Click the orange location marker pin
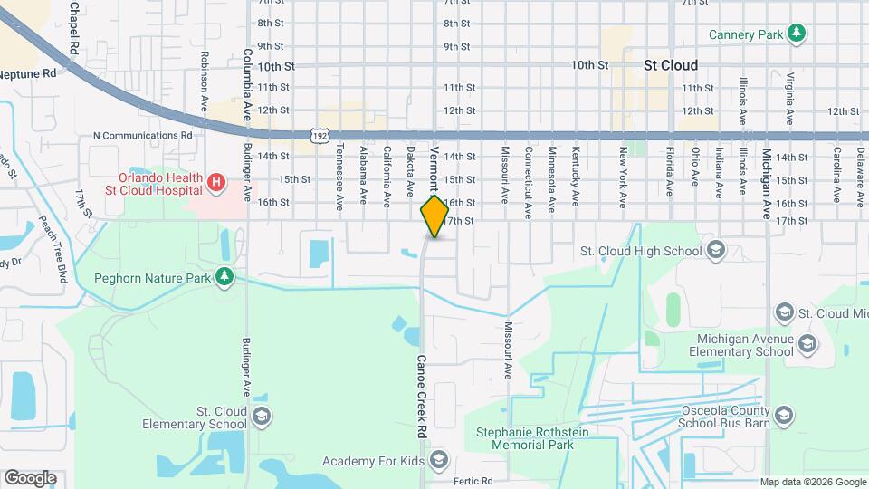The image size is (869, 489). pos(434,216)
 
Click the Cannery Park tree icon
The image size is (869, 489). pos(796,34)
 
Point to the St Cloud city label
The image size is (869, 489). pos(670,65)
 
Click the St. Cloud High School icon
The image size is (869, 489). pos(715,251)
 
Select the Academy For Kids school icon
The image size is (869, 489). pos(438,461)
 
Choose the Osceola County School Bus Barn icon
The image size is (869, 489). pos(784,417)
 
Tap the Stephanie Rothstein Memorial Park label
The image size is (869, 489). pos(525,438)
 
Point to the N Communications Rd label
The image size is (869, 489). pos(143,135)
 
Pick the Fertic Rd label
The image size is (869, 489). pos(473,481)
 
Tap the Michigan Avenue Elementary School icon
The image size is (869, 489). pos(807,344)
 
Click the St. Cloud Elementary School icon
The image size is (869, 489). pos(262,417)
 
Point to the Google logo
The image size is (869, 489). pos(30,478)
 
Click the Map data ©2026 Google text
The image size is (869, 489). pos(813,482)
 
